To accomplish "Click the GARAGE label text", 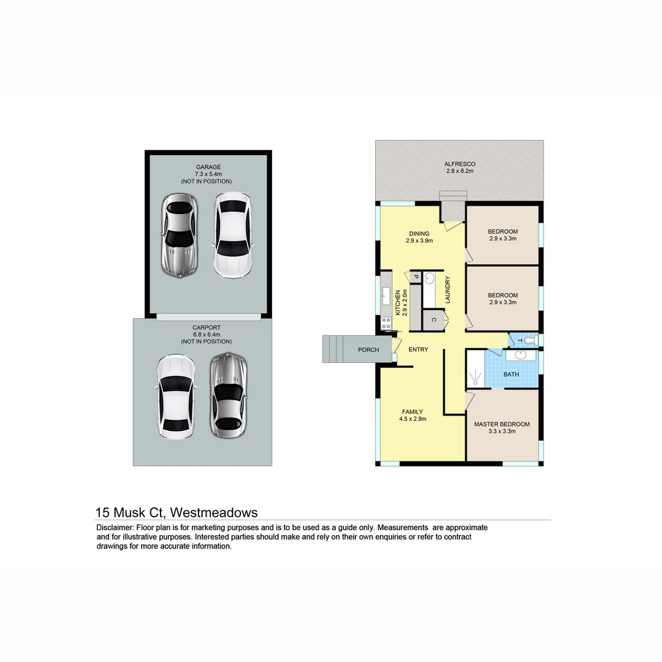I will coord(208,167).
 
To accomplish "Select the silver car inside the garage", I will coord(178,236).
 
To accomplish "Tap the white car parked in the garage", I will coord(232,235).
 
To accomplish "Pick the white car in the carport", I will coord(175,397).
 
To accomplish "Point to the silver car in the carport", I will coord(228,395).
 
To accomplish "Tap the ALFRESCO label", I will coord(460,164).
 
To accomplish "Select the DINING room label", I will coord(419,234).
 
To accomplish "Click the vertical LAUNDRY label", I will coord(448,290).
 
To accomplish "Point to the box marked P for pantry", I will coord(415,278).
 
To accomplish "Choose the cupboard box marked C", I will coord(433,320).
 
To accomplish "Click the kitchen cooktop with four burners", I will coord(387,324).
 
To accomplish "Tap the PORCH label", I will coord(368,350).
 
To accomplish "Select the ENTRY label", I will coord(418,349).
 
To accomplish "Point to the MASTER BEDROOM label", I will coord(501,424).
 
